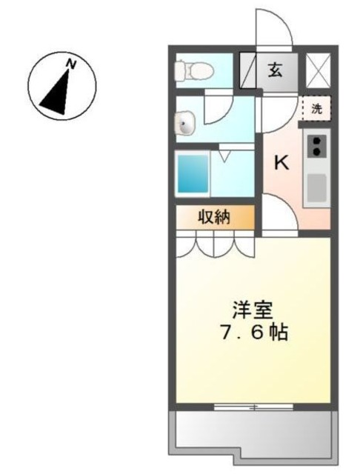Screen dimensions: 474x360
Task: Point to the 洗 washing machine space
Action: tap(317, 107)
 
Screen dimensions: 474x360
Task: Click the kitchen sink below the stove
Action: tap(318, 187)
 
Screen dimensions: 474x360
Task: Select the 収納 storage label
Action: tap(215, 217)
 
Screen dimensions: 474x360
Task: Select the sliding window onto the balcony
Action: tap(252, 407)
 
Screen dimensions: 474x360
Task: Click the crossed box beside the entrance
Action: tap(319, 71)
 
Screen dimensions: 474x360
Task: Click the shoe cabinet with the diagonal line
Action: tap(247, 71)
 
